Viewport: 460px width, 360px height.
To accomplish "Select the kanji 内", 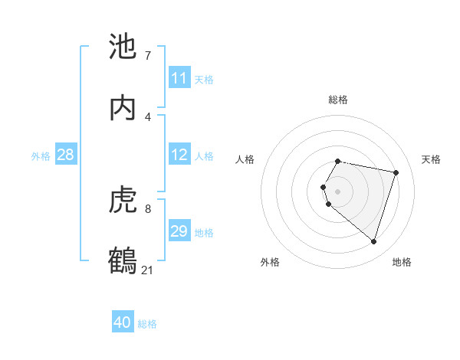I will [123, 107].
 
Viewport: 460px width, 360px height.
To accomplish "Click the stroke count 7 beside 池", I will [147, 56].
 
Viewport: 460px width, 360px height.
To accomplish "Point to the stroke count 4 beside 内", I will [147, 116].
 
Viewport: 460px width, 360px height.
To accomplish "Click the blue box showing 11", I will [179, 78].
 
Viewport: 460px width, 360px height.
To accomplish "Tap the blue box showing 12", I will [179, 155].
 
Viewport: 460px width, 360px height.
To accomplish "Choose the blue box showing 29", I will [179, 231].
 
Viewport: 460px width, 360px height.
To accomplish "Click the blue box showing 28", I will [65, 155].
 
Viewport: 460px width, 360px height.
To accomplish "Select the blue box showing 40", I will [123, 323].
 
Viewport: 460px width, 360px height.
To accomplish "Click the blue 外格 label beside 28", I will [41, 155].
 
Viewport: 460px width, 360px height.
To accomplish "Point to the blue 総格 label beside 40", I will [147, 324].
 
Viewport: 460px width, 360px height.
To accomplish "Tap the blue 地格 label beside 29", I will [204, 232].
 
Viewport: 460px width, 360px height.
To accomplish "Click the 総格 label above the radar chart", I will [338, 100].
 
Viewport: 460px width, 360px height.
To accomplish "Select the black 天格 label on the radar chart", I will [432, 159].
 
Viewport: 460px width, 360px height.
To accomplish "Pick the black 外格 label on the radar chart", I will [270, 263].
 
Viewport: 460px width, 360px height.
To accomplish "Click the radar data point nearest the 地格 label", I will [373, 242].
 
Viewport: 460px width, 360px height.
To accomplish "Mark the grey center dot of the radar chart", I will [338, 191].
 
